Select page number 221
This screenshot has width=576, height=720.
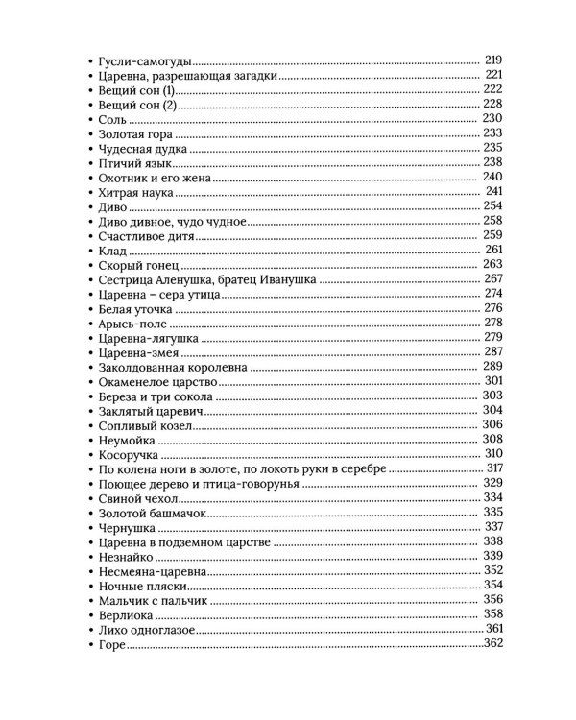point(494,74)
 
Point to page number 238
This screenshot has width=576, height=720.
point(492,162)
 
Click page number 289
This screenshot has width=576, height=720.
point(492,367)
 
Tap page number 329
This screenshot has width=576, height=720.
point(492,483)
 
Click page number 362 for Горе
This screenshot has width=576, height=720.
point(492,643)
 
